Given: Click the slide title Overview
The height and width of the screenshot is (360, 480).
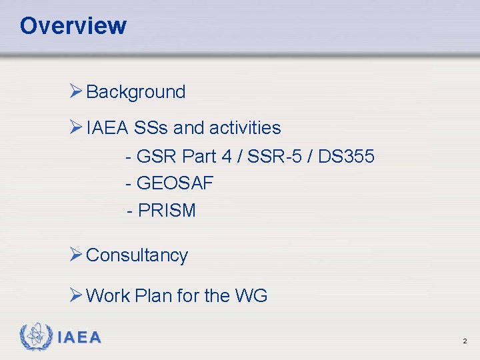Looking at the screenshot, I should [x=73, y=26].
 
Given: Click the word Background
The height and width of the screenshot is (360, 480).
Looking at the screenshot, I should [x=136, y=92].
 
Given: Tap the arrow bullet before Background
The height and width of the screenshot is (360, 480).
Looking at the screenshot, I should [x=75, y=91].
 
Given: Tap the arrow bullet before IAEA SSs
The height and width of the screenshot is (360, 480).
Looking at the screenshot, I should [x=75, y=127].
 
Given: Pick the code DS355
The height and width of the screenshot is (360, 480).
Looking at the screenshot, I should [x=347, y=157].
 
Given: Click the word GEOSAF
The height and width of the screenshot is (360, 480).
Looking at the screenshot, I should [x=175, y=183].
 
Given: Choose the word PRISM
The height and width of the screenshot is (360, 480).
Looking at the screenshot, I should [x=167, y=211].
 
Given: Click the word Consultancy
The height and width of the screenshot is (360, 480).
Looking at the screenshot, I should [x=137, y=255].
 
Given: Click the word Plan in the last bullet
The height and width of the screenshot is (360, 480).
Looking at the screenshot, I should [x=153, y=295].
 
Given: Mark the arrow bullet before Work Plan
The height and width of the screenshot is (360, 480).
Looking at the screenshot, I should [x=75, y=295].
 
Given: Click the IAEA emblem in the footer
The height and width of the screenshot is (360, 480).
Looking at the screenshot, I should [x=35, y=337].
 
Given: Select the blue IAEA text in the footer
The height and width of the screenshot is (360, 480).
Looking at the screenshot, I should [x=79, y=338].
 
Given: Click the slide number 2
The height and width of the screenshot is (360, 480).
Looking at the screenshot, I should [x=465, y=341].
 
